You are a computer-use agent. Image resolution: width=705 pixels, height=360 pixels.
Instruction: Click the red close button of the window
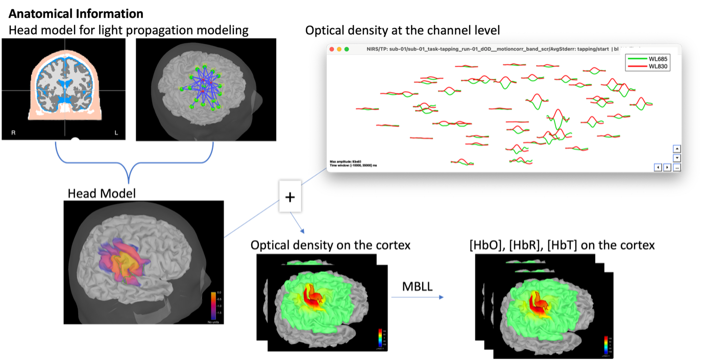point(332,49)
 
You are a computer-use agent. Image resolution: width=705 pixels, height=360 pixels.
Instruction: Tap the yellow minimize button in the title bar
point(339,49)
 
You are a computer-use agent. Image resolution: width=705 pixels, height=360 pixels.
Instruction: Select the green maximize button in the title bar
point(347,49)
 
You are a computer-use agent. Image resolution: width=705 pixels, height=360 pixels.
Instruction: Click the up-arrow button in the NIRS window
point(677,149)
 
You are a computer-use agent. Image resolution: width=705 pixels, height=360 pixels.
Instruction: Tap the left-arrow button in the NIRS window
point(658,167)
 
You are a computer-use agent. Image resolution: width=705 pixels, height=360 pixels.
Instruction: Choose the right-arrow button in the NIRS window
point(667,167)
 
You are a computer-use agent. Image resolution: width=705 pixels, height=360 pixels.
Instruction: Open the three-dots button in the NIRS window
point(677,167)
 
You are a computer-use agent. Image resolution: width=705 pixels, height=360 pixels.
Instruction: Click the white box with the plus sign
point(290,197)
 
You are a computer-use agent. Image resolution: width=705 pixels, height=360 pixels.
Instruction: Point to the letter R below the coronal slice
point(13,133)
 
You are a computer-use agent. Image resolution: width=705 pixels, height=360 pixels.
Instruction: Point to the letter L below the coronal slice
point(116,133)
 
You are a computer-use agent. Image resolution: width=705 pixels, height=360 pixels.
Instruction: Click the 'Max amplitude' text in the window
point(345,161)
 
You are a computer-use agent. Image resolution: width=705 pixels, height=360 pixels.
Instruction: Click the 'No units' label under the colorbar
point(214,323)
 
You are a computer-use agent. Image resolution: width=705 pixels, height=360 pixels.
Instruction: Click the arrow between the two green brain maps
point(418,297)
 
